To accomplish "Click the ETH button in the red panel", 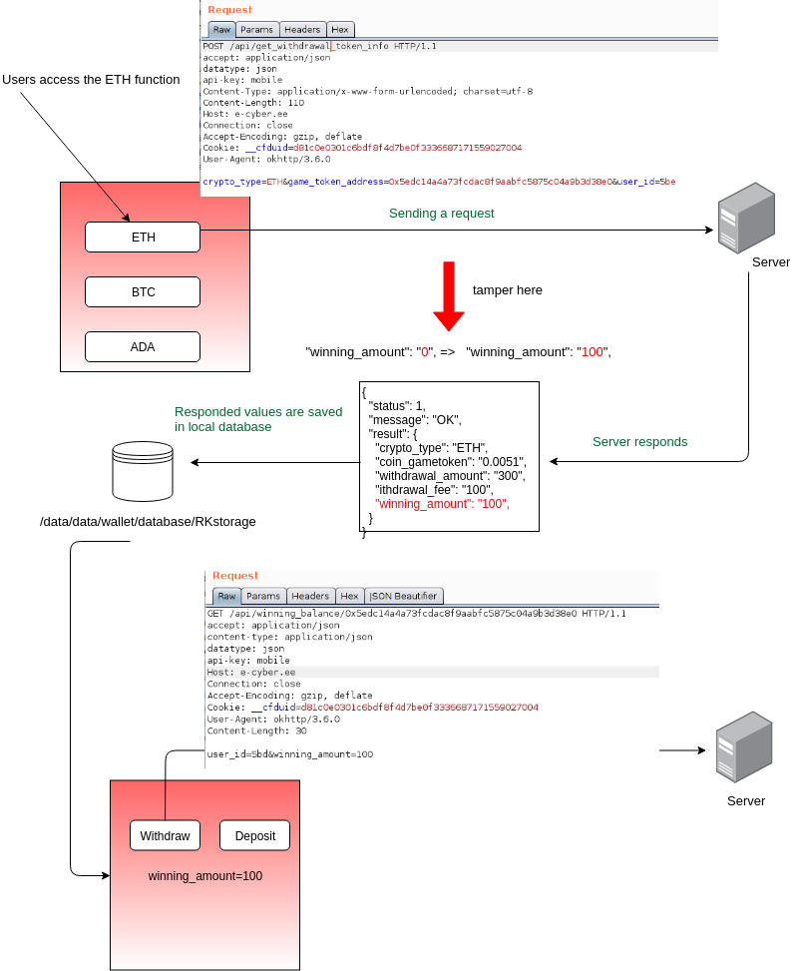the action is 143,238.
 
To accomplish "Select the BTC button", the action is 143,291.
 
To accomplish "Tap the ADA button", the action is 143,347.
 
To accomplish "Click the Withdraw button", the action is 165,835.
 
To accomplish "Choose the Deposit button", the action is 255,835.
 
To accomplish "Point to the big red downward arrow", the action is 449,296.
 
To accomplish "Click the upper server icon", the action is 746,218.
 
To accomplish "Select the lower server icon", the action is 744,746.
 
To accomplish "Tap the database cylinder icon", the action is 143,471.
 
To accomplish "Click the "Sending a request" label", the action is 441,213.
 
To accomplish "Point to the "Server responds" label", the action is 640,441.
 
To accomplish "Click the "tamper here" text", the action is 507,289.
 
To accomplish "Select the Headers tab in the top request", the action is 302,30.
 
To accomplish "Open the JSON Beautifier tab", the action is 404,596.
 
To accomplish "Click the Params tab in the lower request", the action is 263,596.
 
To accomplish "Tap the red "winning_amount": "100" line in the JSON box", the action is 442,503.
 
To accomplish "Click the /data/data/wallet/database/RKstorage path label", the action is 148,521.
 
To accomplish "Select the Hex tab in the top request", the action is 340,30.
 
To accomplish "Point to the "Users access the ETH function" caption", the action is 91,79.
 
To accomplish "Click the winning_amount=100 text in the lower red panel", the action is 204,875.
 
